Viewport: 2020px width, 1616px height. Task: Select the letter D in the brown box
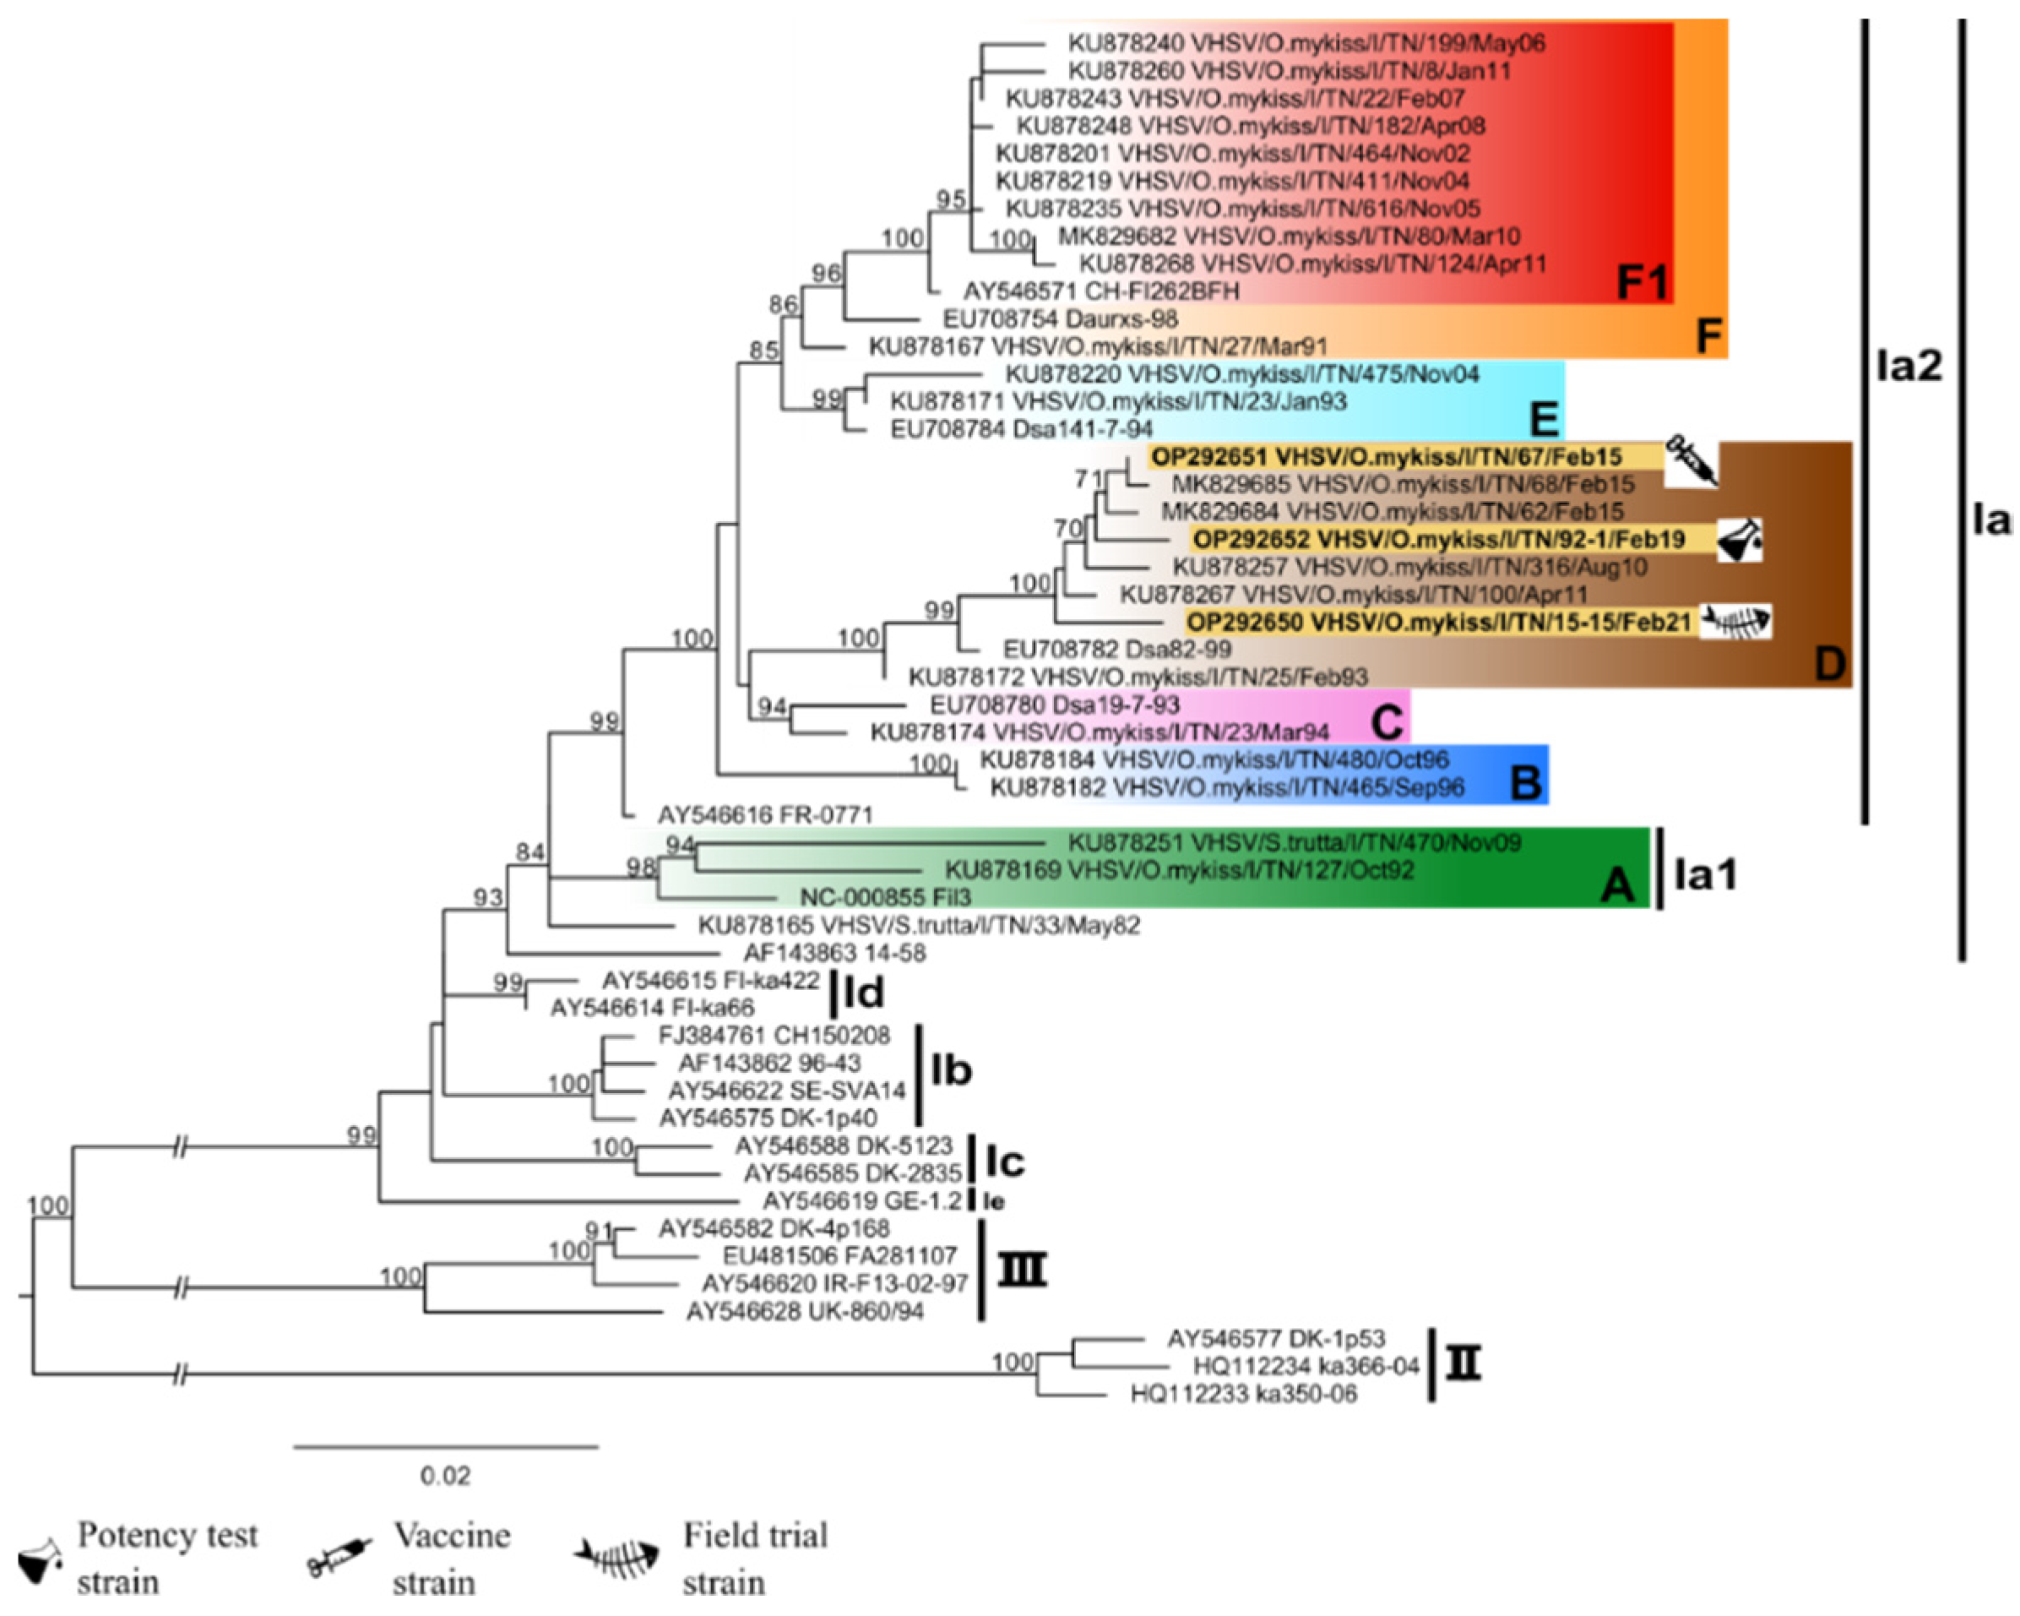(x=1828, y=665)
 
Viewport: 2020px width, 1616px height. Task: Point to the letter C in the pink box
(x=1387, y=723)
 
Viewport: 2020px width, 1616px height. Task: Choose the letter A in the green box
(x=1617, y=884)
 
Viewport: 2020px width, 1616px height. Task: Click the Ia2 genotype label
(x=1909, y=367)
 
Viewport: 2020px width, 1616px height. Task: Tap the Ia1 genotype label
(x=1705, y=874)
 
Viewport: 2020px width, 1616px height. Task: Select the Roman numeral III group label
(x=1021, y=1270)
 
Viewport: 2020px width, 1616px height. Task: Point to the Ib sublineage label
(x=951, y=1070)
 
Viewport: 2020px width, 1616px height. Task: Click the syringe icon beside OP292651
(x=1691, y=460)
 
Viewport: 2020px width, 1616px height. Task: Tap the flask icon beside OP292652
(x=1739, y=540)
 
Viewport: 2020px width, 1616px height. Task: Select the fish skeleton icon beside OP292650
(x=1736, y=622)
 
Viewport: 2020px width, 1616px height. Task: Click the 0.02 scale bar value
(x=445, y=1477)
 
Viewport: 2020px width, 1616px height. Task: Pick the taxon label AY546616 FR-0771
(x=764, y=814)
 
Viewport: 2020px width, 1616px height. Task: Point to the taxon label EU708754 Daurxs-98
(x=1060, y=318)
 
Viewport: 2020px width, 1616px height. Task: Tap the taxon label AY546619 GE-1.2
(x=862, y=1200)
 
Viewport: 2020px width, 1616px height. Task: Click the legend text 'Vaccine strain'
(x=452, y=1559)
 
